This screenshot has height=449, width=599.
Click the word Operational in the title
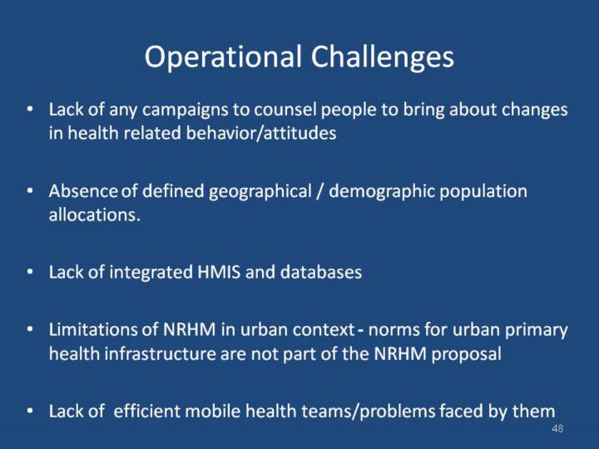click(x=223, y=57)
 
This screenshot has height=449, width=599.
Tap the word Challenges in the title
click(x=383, y=57)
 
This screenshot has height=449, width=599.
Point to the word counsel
click(x=285, y=110)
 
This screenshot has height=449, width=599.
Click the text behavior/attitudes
click(x=261, y=133)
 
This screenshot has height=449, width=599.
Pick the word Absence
click(x=83, y=191)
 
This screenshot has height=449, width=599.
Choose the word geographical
click(x=260, y=192)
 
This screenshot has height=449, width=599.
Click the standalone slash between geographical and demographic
click(x=320, y=192)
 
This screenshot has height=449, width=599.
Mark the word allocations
click(x=94, y=215)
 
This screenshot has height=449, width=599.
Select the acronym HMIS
click(x=219, y=273)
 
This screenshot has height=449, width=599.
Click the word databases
click(x=321, y=272)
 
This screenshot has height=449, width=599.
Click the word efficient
click(x=146, y=412)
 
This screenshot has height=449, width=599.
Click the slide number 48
click(x=557, y=429)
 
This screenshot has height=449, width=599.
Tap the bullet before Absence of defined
click(x=30, y=190)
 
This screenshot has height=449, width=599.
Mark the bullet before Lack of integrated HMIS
click(x=30, y=272)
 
